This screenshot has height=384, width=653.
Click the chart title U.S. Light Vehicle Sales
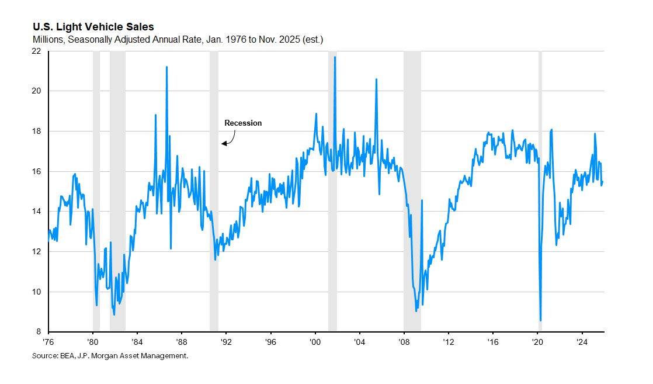93,27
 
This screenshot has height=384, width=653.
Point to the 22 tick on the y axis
36,51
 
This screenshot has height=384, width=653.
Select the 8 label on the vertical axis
39,332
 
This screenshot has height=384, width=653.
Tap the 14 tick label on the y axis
36,212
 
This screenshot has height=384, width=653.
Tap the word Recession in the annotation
243,123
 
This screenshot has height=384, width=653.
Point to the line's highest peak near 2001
335,57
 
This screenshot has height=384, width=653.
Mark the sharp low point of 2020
541,320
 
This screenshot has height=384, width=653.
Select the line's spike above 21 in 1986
166,67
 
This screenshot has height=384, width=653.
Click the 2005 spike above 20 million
376,79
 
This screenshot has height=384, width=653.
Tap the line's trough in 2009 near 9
416,310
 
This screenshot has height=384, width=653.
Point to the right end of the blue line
603,181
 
